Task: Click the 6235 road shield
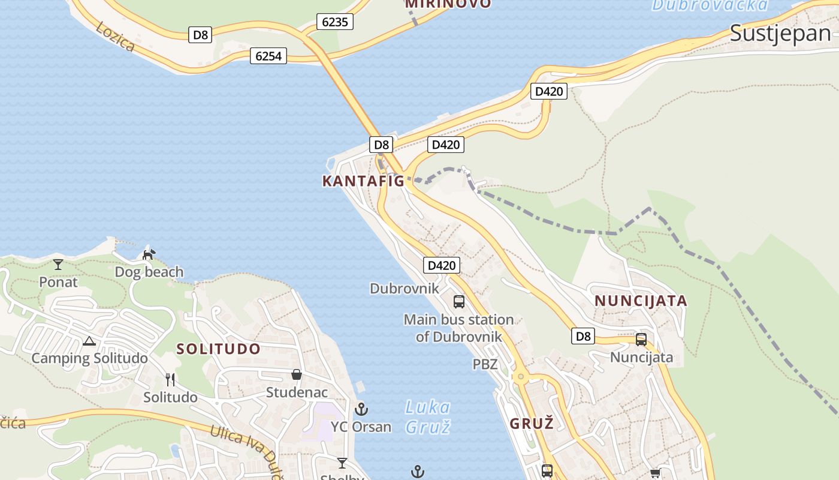[334, 22]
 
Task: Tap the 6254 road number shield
[268, 56]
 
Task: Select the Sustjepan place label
[780, 34]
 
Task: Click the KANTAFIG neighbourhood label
[363, 181]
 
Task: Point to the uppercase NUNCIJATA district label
[640, 301]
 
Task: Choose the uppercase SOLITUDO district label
[219, 349]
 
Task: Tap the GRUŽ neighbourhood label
[531, 423]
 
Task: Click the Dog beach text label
[149, 272]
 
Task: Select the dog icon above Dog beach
[149, 254]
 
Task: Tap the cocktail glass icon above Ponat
[58, 264]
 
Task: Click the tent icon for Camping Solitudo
[89, 341]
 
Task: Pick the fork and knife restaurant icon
[170, 379]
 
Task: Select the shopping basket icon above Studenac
[297, 375]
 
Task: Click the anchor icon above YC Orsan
[361, 410]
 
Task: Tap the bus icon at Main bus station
[459, 301]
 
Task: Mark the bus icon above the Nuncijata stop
[641, 340]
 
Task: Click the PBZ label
[485, 364]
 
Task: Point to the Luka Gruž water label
[427, 416]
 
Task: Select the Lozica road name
[114, 37]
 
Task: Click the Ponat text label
[58, 281]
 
